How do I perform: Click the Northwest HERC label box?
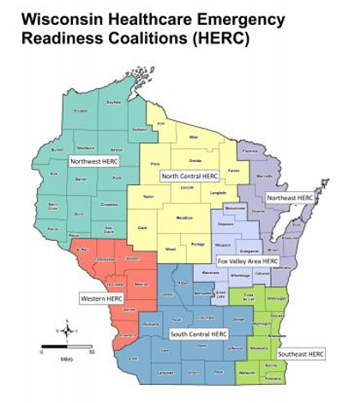pos(95,159)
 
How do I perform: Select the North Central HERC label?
pos(189,176)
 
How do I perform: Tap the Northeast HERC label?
pos(290,197)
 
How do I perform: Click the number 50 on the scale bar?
pos(92,352)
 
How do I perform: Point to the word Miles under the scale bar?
pos(67,359)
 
